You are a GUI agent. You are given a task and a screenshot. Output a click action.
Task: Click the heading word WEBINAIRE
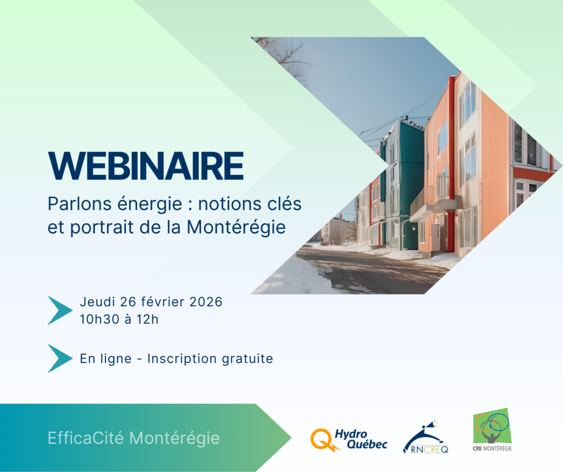(x=146, y=166)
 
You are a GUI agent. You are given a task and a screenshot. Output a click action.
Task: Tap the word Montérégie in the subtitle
(x=236, y=227)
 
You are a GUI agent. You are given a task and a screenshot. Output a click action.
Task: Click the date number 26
(x=127, y=301)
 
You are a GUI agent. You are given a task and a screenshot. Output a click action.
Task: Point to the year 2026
(x=206, y=301)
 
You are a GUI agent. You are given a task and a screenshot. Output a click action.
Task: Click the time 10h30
(x=100, y=319)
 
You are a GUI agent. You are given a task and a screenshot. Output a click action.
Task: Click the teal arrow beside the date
(x=60, y=310)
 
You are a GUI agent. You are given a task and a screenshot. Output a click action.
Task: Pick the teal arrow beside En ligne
(x=60, y=358)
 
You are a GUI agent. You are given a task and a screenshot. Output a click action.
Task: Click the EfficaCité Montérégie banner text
(x=134, y=438)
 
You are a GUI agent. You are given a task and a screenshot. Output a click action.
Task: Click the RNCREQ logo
(x=426, y=437)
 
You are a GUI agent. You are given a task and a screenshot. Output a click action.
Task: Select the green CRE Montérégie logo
(x=492, y=429)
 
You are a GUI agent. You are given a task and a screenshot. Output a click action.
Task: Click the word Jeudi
(x=97, y=301)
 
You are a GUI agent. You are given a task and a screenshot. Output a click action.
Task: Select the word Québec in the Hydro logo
(x=367, y=444)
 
